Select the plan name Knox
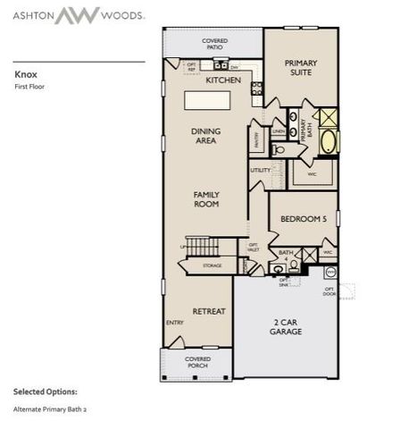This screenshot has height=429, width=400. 24,75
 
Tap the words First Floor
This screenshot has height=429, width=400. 29,88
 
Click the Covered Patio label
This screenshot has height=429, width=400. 214,44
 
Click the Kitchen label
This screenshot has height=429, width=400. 223,80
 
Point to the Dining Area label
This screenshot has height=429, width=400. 206,136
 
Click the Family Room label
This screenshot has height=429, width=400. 206,199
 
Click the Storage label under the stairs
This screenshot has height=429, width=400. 212,265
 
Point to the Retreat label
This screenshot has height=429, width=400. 210,311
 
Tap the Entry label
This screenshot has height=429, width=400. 174,324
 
